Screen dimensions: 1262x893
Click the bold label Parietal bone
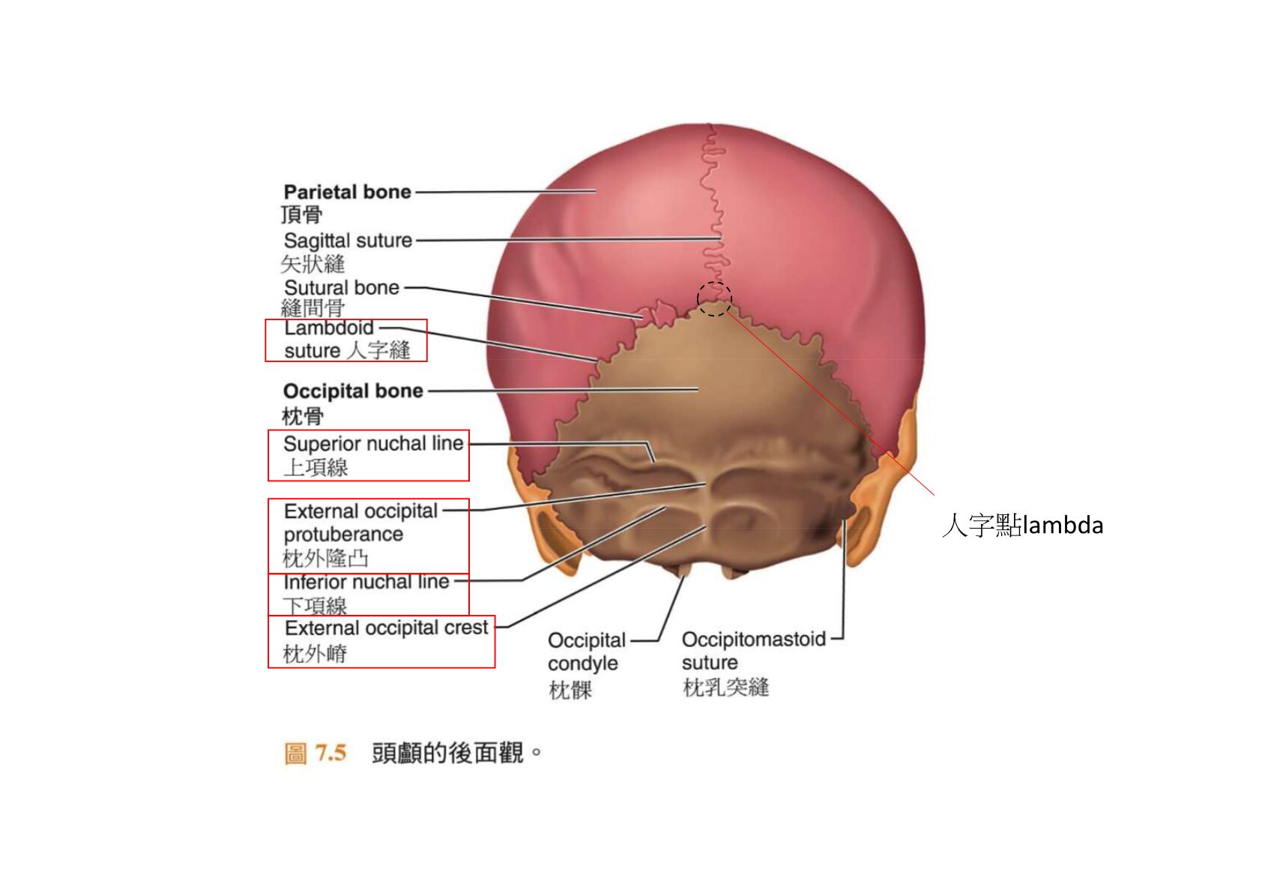pyautogui.click(x=348, y=192)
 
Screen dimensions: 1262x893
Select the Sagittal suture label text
pyautogui.click(x=348, y=241)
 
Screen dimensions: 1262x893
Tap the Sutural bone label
pyautogui.click(x=342, y=287)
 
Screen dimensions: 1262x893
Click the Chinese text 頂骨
pyautogui.click(x=302, y=214)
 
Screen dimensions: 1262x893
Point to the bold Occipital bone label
pyautogui.click(x=353, y=391)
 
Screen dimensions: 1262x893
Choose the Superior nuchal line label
pyautogui.click(x=373, y=444)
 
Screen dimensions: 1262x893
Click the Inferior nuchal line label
pyautogui.click(x=366, y=581)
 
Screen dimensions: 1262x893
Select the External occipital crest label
pyautogui.click(x=387, y=628)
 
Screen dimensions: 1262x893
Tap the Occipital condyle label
pyautogui.click(x=587, y=652)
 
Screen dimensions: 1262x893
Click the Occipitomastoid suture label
pyautogui.click(x=754, y=651)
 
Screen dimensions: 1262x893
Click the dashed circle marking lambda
pyautogui.click(x=714, y=299)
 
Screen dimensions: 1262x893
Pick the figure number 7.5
pyautogui.click(x=330, y=753)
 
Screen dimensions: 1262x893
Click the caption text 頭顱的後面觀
pyautogui.click(x=448, y=753)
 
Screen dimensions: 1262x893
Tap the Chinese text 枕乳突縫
pyautogui.click(x=725, y=688)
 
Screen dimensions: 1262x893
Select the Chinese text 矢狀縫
pyautogui.click(x=313, y=264)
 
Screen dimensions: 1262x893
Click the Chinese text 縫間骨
pyautogui.click(x=313, y=308)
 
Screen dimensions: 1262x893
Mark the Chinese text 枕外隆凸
pyautogui.click(x=325, y=559)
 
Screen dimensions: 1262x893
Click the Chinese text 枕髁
pyautogui.click(x=570, y=690)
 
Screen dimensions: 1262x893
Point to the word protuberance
pyautogui.click(x=344, y=535)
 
